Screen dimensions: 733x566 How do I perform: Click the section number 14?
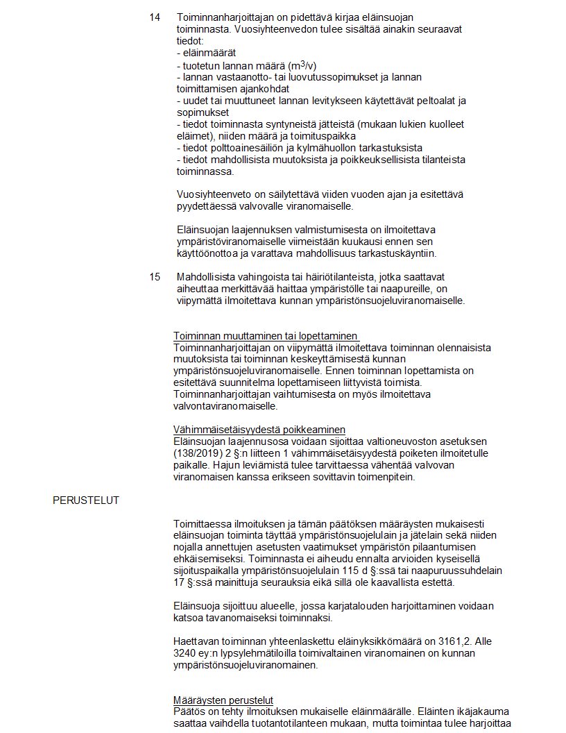pyautogui.click(x=155, y=16)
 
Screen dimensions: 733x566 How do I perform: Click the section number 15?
pyautogui.click(x=155, y=276)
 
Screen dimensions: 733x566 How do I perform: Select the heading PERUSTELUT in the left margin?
pyautogui.click(x=85, y=499)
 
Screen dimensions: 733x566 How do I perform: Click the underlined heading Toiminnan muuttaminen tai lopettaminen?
pyautogui.click(x=265, y=335)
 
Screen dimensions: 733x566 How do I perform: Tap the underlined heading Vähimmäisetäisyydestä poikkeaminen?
pyautogui.click(x=259, y=430)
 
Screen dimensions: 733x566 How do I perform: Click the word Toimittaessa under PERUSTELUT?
pyautogui.click(x=202, y=523)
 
